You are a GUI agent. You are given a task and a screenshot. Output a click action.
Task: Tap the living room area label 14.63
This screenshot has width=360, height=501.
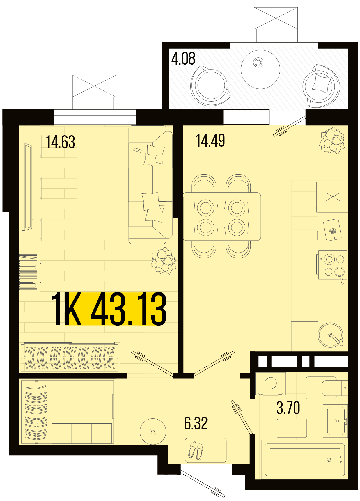point(61,142)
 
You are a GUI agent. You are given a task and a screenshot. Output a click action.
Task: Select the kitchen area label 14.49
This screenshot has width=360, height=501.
point(210,141)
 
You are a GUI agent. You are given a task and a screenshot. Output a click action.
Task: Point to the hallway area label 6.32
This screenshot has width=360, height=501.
point(196,423)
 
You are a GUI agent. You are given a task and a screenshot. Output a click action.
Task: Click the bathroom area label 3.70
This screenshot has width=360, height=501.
point(288,408)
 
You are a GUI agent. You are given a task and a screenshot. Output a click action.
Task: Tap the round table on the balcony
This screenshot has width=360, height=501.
point(260,69)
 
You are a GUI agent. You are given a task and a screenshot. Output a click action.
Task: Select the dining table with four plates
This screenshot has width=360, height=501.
point(222,216)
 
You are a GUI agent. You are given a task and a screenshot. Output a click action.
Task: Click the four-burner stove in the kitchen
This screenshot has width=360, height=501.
point(333,265)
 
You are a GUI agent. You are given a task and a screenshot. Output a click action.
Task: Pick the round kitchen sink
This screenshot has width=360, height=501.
point(331,335)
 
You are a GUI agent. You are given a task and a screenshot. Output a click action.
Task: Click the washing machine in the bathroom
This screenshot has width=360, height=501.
point(271,384)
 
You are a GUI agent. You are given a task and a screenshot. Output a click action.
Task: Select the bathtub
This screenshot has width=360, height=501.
point(303,460)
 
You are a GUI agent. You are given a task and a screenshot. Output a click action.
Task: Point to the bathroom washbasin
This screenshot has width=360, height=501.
point(336,421)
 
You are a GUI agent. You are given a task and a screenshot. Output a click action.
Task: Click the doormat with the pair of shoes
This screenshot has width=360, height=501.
point(206,450)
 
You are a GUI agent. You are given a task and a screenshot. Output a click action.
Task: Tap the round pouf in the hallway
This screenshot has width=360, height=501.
point(153,431)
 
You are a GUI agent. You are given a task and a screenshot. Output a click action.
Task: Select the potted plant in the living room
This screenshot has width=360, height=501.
point(163,260)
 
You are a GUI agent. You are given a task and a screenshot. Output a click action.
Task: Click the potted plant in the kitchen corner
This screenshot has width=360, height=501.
point(332,140)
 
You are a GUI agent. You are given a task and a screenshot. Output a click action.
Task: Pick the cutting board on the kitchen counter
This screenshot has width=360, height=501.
point(332,230)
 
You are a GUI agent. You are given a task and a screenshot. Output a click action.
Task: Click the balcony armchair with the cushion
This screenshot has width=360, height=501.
point(321,86)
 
